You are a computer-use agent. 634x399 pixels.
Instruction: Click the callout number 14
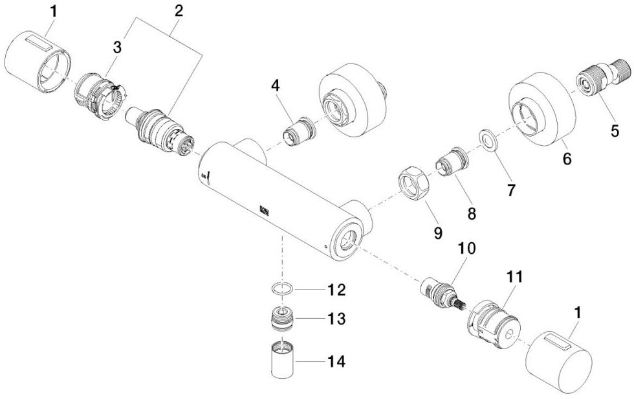point(336,361)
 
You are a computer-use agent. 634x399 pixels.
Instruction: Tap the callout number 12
point(336,290)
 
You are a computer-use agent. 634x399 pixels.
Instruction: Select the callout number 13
point(336,319)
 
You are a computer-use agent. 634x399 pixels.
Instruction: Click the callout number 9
point(438,233)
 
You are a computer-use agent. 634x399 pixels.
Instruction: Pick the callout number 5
point(614,131)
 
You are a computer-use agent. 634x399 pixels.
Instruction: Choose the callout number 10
point(466,249)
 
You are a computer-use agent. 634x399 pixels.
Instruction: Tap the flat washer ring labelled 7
point(488,140)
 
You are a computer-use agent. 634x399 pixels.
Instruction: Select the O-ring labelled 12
point(281,290)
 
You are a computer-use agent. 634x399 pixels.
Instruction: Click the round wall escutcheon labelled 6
point(541,109)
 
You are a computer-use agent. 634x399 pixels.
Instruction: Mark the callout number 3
point(117,47)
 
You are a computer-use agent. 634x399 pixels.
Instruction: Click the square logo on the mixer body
point(265,210)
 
